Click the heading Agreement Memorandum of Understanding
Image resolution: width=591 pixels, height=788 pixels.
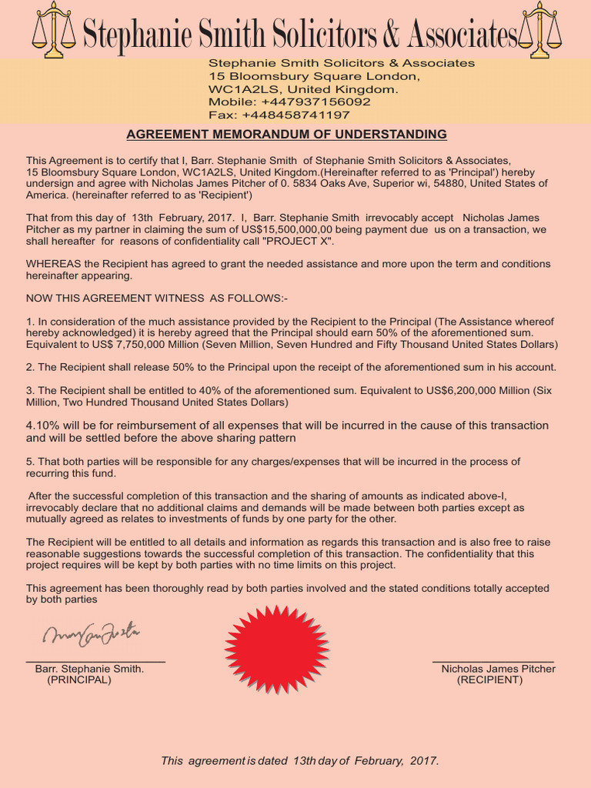coord(286,135)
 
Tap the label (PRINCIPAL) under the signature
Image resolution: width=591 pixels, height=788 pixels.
coord(79,680)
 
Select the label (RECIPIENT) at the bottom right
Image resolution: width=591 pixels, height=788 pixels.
coord(489,680)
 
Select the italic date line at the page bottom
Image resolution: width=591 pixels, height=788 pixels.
coord(300,760)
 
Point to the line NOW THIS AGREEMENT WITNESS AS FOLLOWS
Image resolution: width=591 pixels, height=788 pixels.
coord(157,298)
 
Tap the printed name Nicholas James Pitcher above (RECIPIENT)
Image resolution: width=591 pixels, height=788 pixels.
coord(498,669)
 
